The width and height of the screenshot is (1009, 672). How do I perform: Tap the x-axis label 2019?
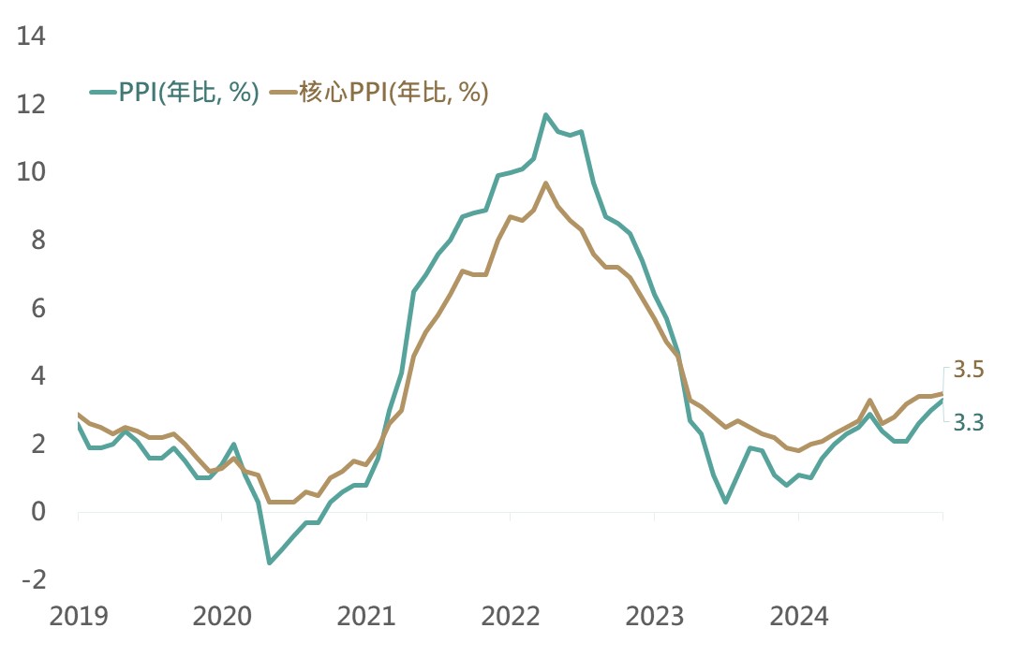[79, 617]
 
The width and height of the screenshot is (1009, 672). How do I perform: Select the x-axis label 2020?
[222, 617]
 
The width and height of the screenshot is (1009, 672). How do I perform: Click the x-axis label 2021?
[366, 617]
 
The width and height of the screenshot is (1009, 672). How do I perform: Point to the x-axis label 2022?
[511, 617]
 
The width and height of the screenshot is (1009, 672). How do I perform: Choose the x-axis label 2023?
[654, 617]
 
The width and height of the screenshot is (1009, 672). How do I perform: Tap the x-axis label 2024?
[798, 617]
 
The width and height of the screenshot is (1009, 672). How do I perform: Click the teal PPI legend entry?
[174, 93]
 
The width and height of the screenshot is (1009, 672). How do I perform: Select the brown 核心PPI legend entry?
[379, 93]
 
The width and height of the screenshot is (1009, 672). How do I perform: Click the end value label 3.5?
[968, 371]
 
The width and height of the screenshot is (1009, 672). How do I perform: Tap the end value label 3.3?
[968, 423]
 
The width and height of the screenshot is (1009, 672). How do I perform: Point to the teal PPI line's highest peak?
[546, 115]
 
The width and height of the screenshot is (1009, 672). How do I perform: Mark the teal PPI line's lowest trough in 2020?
[270, 562]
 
